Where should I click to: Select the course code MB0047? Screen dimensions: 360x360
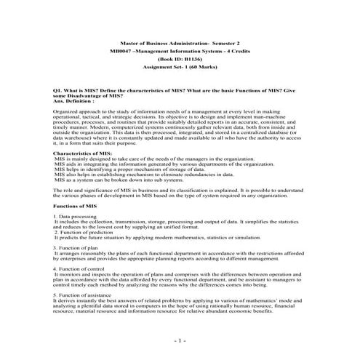click(x=119, y=55)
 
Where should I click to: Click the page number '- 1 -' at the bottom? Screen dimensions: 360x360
click(x=180, y=340)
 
